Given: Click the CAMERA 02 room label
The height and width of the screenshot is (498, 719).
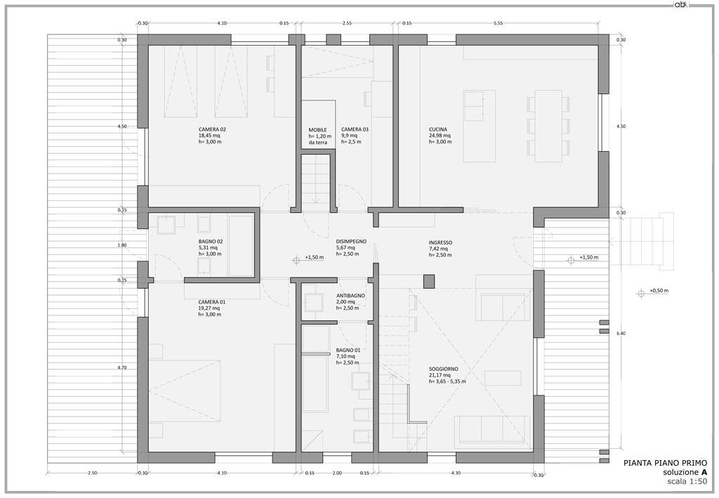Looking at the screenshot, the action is (212, 129).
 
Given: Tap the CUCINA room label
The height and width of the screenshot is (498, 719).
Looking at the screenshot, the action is (438, 129).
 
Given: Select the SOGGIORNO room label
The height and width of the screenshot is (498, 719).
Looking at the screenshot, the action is (444, 369).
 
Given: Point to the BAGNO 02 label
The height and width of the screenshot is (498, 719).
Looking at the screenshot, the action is (211, 241).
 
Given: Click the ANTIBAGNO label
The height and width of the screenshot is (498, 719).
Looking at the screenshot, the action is (350, 296).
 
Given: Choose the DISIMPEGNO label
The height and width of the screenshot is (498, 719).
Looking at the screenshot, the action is (351, 241).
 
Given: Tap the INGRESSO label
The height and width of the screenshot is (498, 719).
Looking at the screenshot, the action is (441, 242).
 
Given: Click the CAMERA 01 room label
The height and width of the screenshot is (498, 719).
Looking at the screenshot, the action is (212, 302).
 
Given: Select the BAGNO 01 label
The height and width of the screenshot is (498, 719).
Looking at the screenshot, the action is (348, 350).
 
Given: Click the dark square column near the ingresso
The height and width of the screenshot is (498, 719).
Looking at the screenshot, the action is (429, 282).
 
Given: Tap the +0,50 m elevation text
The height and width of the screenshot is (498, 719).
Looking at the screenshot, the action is (659, 291).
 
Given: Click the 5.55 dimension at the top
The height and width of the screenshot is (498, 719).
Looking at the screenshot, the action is (498, 23).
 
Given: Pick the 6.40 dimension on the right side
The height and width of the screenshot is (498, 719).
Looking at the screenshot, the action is (621, 334).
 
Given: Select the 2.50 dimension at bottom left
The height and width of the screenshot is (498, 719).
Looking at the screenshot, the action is (92, 473).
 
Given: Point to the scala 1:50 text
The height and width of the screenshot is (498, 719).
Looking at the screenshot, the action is (687, 481).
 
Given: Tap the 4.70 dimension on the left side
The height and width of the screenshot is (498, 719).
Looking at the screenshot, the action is (122, 367).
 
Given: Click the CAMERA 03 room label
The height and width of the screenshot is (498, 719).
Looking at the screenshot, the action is (355, 129).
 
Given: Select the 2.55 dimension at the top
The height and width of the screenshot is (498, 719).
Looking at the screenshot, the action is (347, 23).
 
